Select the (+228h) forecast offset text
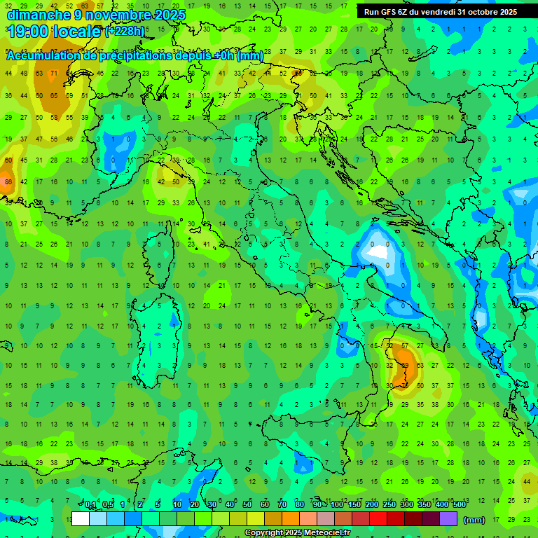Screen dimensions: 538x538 pos(125,32)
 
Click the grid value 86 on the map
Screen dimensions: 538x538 pos(8,182)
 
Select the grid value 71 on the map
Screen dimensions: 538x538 pos(53,73)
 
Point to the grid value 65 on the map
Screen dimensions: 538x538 pos(55,95)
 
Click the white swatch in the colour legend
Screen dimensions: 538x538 pos(81,519)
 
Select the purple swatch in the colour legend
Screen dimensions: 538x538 pos(448,519)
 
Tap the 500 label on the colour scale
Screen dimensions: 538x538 pos(460,505)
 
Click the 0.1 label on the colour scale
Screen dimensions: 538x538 pos(91,505)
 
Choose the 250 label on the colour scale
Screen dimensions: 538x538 pos(389,505)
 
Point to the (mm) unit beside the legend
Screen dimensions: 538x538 pos(474,520)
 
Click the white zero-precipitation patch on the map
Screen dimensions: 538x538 pos(378,250)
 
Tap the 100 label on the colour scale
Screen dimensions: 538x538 pos(337,505)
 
